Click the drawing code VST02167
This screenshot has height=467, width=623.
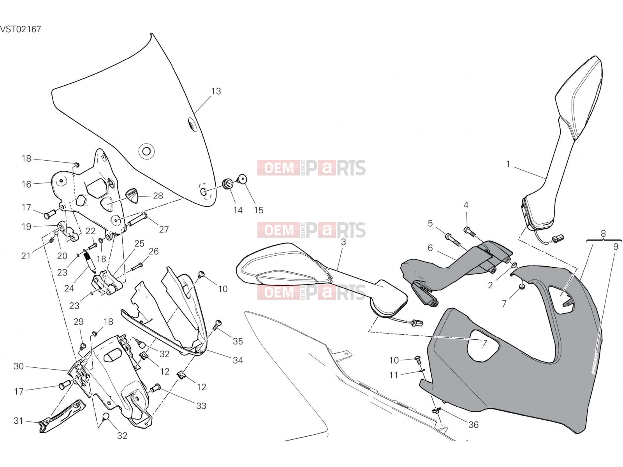20,29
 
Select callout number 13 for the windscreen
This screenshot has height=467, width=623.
216,91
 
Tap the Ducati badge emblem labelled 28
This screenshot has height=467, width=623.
132,195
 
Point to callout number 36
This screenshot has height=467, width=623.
473,425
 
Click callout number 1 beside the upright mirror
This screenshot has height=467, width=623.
508,164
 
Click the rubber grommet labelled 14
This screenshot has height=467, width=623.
229,183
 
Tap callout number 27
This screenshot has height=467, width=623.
164,229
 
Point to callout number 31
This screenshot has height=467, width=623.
18,421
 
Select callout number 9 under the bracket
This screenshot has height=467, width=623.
615,247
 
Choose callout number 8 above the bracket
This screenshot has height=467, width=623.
603,233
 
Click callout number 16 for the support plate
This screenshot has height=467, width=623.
26,184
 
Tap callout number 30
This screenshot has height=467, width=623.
18,366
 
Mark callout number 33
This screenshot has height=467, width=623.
201,406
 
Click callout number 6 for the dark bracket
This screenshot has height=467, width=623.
430,248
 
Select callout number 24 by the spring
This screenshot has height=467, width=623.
69,288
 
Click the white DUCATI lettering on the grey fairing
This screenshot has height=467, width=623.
595,363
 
